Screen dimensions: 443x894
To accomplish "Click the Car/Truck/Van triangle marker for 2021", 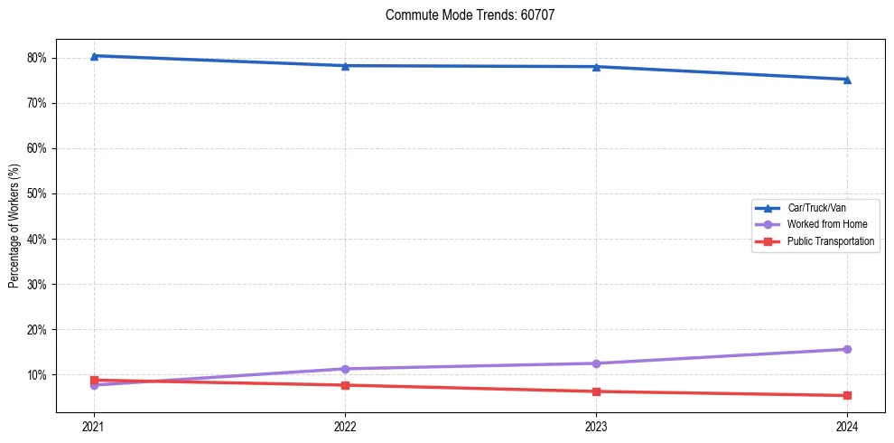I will coord(94,56).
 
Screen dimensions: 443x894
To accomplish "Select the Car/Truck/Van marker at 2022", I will coord(345,66).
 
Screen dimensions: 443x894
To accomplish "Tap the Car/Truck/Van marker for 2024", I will coord(847,80).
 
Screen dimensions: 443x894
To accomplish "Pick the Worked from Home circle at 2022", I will coord(345,369).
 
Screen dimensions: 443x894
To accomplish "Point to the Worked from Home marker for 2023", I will coord(596,363).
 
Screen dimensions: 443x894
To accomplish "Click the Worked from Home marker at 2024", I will coord(847,349).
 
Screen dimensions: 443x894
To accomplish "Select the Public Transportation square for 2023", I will coord(596,391).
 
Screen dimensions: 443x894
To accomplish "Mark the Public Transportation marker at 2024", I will coord(847,395).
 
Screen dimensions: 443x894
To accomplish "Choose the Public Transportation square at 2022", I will coord(345,385).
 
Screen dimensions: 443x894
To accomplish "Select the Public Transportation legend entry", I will coord(830,241).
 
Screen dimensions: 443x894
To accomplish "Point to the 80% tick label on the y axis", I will coord(37,58).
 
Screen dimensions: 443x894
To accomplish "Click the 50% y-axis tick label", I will coord(37,193).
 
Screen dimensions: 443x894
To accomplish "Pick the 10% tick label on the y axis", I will coord(37,374).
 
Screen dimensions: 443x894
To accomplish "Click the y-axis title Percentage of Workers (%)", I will coord(14,226).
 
